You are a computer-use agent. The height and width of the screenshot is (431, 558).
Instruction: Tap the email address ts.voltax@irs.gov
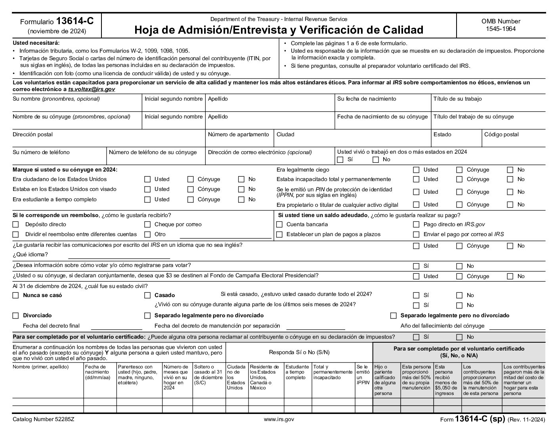[x=91, y=90]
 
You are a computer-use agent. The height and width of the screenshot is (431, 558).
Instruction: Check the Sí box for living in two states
[x=340, y=160]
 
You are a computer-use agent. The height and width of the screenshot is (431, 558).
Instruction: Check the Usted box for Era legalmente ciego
[x=416, y=170]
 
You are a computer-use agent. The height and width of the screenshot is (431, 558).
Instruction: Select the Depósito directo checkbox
[x=16, y=225]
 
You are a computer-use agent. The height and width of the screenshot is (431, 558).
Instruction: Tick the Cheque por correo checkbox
[x=147, y=225]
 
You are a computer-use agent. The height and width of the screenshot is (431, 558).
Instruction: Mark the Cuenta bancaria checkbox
[x=279, y=225]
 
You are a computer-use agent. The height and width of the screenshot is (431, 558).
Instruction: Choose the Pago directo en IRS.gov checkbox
[x=416, y=225]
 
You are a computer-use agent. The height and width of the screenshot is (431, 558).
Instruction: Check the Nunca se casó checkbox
[x=16, y=296]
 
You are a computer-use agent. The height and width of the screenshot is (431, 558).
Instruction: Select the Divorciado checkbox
[x=16, y=316]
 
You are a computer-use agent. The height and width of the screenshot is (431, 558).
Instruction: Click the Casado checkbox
[x=147, y=296]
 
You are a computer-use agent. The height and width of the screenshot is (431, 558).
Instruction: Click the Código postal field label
[x=501, y=134]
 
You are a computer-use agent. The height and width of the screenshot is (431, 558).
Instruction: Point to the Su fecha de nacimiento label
[x=366, y=99]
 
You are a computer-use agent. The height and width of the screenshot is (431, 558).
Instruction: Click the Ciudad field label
[x=285, y=134]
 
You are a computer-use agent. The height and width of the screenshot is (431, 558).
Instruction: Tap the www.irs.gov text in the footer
[x=279, y=419]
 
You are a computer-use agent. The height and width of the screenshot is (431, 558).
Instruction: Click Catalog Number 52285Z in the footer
[x=43, y=419]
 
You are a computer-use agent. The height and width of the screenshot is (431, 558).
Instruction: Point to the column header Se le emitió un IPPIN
[x=363, y=375]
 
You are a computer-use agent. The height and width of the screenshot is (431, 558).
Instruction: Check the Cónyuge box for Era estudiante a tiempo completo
[x=191, y=200]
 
